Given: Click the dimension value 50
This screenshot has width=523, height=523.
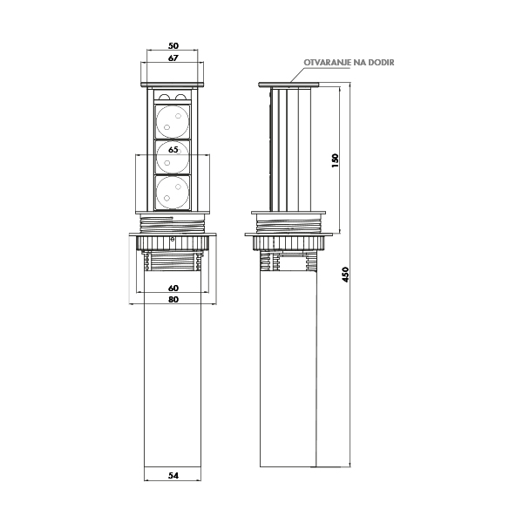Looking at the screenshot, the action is point(173,45).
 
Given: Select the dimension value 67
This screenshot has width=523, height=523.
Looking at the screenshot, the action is point(173,58).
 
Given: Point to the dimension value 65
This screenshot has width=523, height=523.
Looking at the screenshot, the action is point(173,150).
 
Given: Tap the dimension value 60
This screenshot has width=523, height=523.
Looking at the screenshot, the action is point(173,288).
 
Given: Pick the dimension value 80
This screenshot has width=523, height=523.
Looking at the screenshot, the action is point(173,300).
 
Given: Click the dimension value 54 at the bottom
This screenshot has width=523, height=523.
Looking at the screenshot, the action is point(173,476).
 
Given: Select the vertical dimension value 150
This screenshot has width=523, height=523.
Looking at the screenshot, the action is point(336,160).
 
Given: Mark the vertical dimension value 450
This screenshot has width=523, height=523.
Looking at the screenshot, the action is point(345,275).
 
